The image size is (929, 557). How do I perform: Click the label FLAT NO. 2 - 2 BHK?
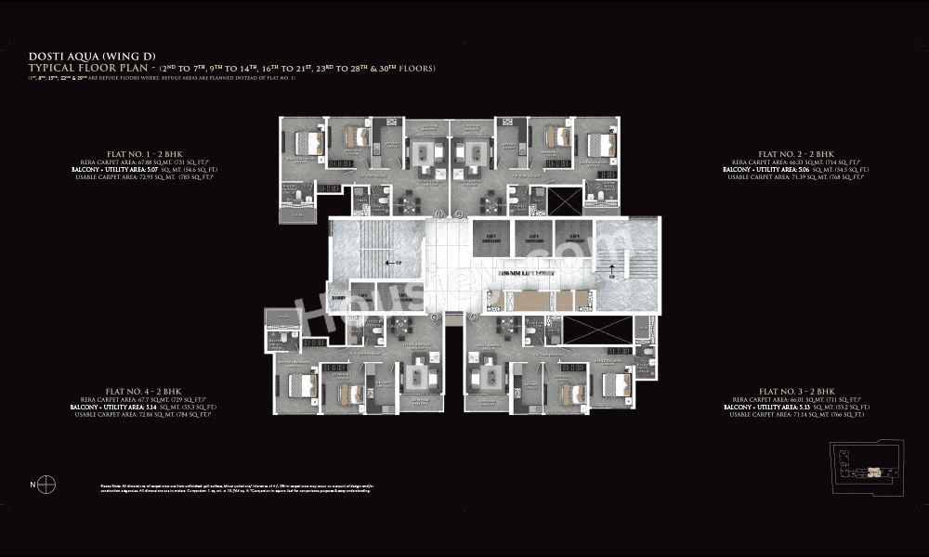pyautogui.click(x=796, y=153)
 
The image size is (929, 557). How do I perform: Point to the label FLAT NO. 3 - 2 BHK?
pyautogui.click(x=796, y=392)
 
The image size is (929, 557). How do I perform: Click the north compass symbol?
pyautogui.click(x=47, y=484)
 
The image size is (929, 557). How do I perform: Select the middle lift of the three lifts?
pyautogui.click(x=533, y=239)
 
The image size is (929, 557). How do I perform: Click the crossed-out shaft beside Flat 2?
pyautogui.click(x=565, y=201)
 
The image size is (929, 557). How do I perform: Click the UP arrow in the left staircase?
pyautogui.click(x=392, y=263)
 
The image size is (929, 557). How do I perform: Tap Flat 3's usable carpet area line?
pyautogui.click(x=796, y=414)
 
